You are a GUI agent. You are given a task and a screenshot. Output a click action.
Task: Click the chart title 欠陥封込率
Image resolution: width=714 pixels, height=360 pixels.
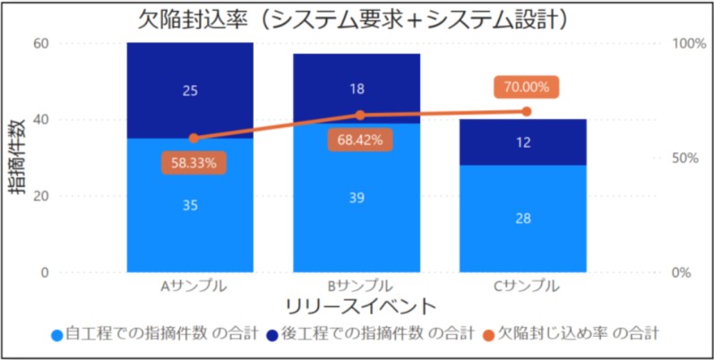pyautogui.click(x=357, y=18)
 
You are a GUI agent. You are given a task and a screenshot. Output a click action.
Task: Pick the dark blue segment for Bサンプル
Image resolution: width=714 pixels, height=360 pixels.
pyautogui.click(x=357, y=88)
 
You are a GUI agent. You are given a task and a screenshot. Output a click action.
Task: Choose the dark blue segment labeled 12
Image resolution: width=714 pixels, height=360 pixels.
pyautogui.click(x=524, y=141)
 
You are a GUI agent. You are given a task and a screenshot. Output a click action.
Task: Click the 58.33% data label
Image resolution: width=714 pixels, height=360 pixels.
pyautogui.click(x=194, y=164)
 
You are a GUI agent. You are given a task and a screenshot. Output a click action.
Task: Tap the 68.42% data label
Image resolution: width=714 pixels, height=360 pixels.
pyautogui.click(x=360, y=140)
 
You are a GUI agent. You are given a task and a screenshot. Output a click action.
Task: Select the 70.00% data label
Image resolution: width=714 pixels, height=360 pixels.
pyautogui.click(x=526, y=87)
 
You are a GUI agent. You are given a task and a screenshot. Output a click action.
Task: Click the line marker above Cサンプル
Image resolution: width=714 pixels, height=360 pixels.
pyautogui.click(x=526, y=112)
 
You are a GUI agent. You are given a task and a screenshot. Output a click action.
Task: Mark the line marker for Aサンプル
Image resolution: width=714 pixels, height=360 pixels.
pyautogui.click(x=194, y=138)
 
